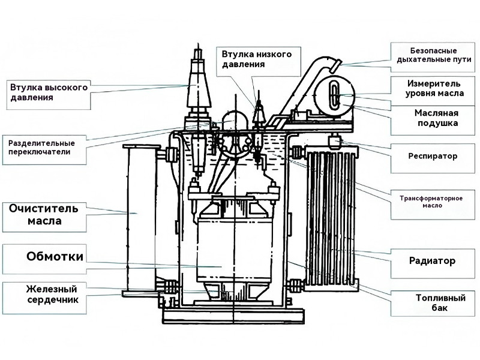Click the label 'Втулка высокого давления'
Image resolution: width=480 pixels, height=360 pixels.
pos(49,92)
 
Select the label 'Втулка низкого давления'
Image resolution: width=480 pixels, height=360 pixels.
pos(257,59)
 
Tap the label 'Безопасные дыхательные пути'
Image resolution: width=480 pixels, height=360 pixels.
pos(434,55)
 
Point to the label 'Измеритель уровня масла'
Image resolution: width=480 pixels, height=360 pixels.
pos(434,88)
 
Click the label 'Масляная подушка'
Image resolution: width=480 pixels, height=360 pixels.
pos(437,118)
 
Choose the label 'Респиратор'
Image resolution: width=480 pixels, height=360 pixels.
pos(433,156)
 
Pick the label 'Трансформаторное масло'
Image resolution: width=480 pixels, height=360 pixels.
pos(431,202)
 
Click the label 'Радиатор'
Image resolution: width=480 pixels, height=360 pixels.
pos(432,261)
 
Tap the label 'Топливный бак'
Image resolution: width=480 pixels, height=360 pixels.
pos(440,302)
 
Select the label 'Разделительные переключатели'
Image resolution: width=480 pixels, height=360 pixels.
pos(41,148)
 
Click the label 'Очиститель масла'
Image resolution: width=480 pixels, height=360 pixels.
pos(44,215)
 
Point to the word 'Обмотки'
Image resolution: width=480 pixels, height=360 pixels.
pos(55,256)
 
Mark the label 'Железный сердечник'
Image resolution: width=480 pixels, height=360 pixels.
pos(52,294)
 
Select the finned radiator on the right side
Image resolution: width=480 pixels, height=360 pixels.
pos(332,216)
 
